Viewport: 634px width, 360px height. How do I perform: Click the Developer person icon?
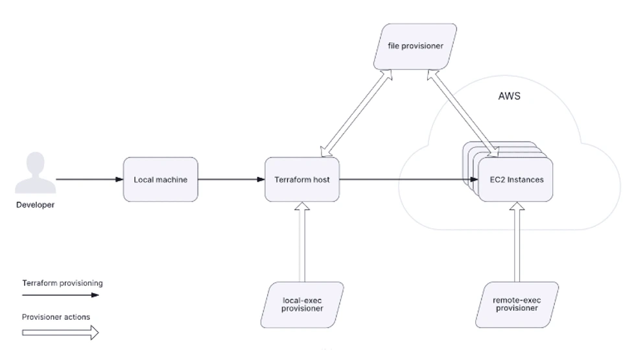pos(36,173)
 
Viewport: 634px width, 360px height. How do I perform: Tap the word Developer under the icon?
pos(36,205)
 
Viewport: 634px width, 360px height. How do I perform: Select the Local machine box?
pos(160,180)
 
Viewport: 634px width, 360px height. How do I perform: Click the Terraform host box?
pos(302,180)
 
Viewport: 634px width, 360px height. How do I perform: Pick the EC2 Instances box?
pos(515,180)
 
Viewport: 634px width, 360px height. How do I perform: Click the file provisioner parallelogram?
pos(415,47)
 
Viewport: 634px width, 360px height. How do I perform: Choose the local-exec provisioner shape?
pos(302,304)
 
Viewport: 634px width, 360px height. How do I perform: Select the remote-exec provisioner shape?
pos(516,304)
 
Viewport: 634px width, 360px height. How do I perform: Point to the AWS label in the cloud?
pos(509,96)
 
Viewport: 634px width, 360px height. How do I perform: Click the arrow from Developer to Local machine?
pos(89,179)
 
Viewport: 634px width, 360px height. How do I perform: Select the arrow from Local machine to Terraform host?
pos(231,179)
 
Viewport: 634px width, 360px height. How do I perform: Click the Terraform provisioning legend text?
pos(62,283)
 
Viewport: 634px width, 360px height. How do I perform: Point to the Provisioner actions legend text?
pos(56,317)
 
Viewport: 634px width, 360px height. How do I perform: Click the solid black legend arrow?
pos(60,295)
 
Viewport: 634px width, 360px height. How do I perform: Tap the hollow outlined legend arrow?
pos(60,333)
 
